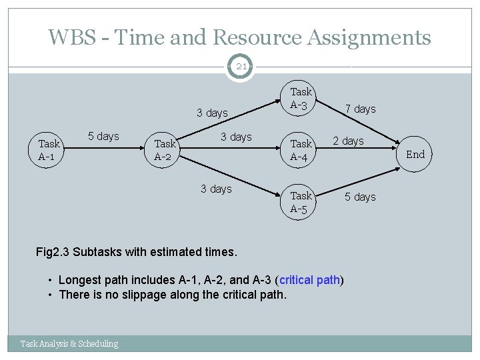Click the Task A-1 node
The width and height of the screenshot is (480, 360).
point(49,150)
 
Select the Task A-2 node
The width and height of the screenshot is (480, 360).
point(165,150)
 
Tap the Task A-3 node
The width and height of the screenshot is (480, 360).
point(301,98)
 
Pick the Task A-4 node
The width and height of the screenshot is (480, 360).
point(301,150)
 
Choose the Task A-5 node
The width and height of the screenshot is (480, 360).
point(301,202)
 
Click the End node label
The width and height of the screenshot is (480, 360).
point(415,155)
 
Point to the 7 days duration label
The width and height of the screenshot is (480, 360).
point(361,109)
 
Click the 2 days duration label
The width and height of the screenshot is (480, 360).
point(348,141)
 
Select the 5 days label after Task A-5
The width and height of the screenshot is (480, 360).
point(360,197)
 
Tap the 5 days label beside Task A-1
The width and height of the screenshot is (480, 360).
point(103,136)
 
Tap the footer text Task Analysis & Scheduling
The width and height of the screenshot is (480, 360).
point(69,343)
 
